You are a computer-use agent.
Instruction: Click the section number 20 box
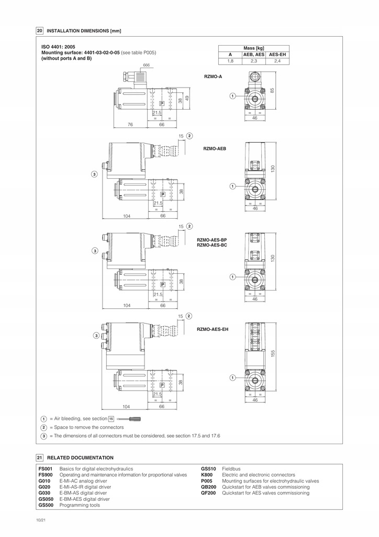pos(39,30)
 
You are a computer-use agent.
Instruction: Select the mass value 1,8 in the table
pos(230,61)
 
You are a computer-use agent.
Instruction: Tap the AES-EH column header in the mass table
pos(277,55)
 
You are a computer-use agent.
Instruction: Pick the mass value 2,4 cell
pos(277,61)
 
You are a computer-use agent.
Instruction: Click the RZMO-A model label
pos(213,77)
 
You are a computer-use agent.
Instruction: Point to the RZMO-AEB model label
pos(214,149)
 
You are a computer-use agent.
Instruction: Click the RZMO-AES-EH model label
pos(213,329)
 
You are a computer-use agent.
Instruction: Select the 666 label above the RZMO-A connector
pos(146,65)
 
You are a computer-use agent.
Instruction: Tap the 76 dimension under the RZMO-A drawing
pos(131,125)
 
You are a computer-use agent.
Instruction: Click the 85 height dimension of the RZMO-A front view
pos(272,91)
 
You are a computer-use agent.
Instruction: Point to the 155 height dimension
pos(273,354)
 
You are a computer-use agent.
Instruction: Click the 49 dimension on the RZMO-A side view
pos(186,98)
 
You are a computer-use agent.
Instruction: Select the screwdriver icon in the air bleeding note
pos(129,418)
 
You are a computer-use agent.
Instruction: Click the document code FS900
pos(46,475)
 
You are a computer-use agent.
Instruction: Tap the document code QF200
pos(208,493)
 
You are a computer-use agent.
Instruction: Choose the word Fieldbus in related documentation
pos(231,468)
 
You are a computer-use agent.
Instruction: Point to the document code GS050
pos(46,499)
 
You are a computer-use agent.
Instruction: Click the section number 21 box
pos(39,457)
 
